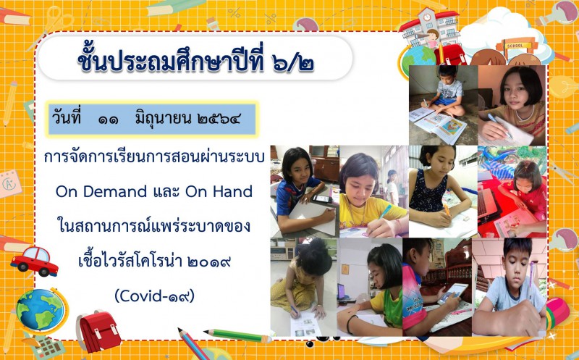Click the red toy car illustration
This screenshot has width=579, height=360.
point(34,261)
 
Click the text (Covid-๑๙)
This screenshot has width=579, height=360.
point(154,296)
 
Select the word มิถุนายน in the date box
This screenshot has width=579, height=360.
point(164,119)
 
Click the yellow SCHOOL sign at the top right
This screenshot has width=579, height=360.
point(515,46)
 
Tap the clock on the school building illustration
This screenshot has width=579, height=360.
point(427,17)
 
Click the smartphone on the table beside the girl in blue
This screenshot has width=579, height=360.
point(321,199)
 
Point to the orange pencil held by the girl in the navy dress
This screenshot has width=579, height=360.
point(447,210)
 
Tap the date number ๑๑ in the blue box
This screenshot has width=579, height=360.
point(108,120)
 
